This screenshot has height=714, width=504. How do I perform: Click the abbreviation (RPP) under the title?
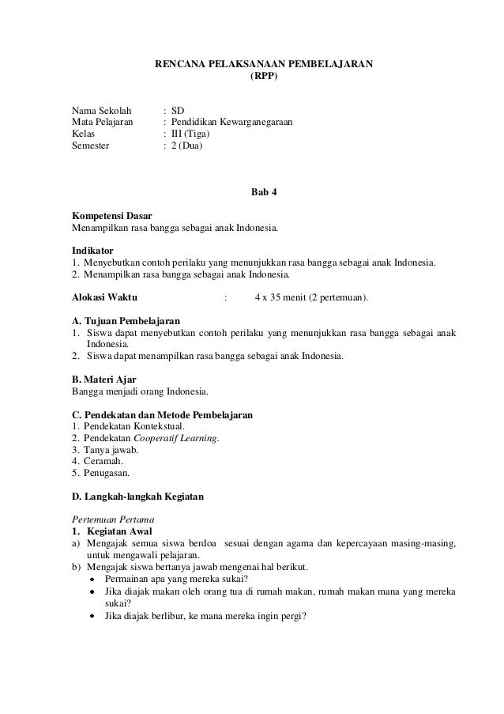264,78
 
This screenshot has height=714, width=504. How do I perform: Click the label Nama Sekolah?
102,110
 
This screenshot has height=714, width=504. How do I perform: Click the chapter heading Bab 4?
264,192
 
